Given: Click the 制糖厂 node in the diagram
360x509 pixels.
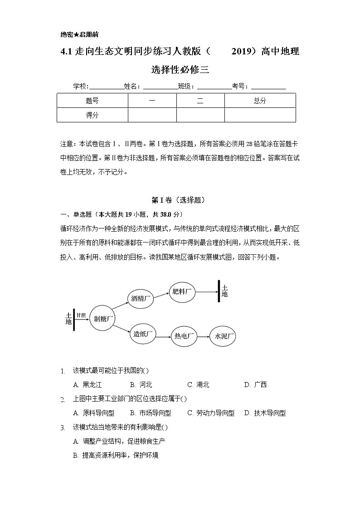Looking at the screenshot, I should pos(102,318).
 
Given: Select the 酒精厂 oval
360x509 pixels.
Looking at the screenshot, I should pos(141,299).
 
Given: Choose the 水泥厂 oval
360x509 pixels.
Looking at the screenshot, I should pos(223,336).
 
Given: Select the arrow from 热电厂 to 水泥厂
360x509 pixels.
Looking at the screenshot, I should pos(203,336).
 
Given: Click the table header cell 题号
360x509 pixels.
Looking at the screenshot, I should pos(92,101).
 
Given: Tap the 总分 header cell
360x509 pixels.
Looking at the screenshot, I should pos(260,101).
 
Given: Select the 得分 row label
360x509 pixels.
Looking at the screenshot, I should pos(92,115).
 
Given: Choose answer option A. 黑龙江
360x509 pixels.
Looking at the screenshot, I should pos(84,385).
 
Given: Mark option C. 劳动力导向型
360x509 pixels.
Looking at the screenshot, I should pos(211,413).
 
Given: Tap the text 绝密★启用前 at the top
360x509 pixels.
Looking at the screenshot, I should pos(79,34).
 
